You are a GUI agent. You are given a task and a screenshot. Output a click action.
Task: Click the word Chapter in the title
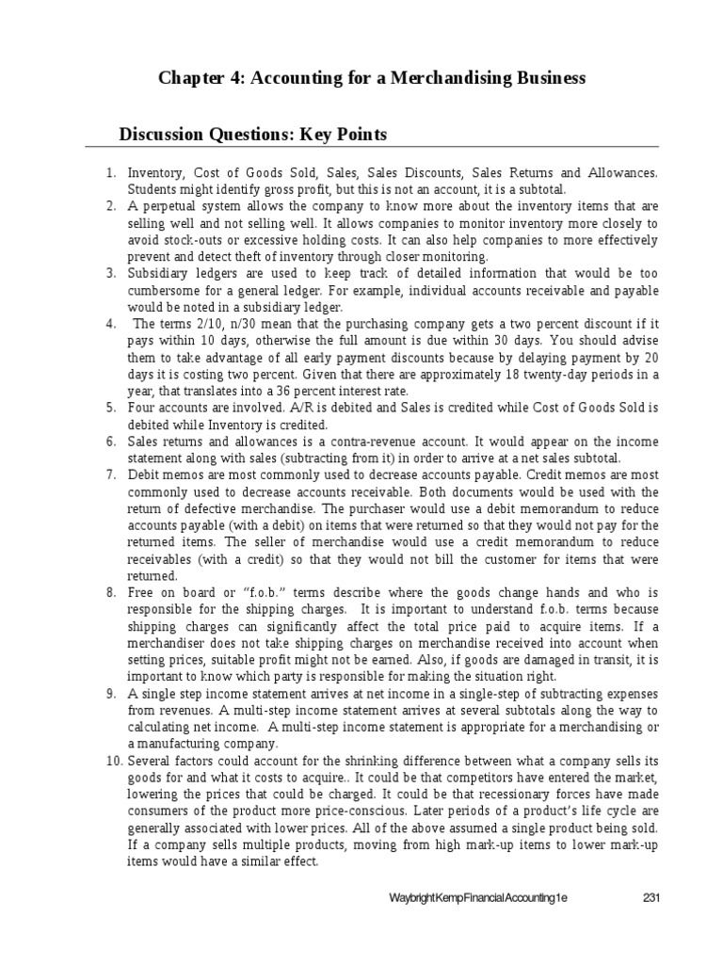(188, 78)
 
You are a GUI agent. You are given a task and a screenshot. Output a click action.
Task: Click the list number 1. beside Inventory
(109, 172)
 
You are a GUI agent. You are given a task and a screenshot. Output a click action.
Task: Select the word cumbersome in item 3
(165, 291)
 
